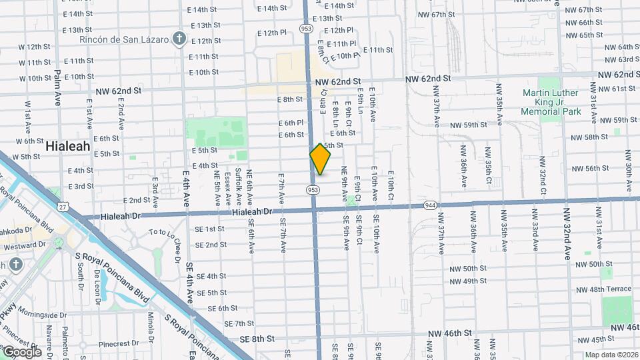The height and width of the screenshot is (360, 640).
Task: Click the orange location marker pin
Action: pyautogui.click(x=320, y=159)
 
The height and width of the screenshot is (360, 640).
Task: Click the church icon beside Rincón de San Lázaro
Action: pyautogui.click(x=178, y=38)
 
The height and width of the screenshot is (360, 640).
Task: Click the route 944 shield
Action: pyautogui.click(x=431, y=205)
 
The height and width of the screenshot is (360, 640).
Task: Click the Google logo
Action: pyautogui.click(x=22, y=351)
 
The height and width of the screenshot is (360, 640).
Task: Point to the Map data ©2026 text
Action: pyautogui.click(x=611, y=355)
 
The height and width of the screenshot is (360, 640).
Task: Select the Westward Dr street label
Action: pyautogui.click(x=23, y=245)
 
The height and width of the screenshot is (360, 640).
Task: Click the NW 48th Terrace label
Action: pyautogui.click(x=603, y=289)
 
